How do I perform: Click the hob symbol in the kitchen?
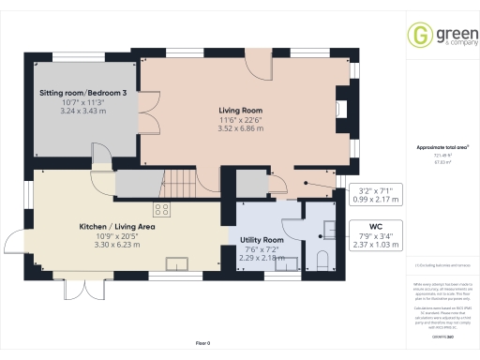[x=161, y=209]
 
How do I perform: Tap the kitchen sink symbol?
[x=175, y=263]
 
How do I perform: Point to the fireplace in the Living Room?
[x=341, y=108]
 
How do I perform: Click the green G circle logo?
[x=417, y=35]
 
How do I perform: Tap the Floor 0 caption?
[x=202, y=344]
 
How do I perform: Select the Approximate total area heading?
[x=442, y=147]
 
